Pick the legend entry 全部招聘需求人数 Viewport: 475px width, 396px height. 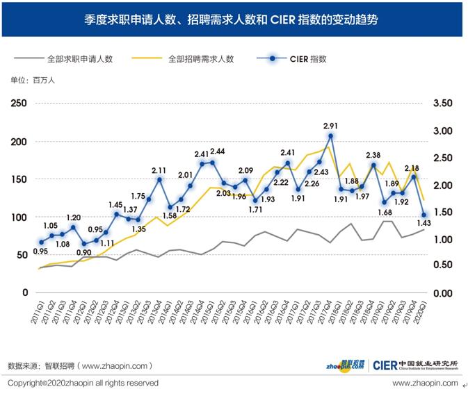pyautogui.click(x=201, y=60)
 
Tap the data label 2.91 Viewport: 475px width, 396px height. pyautogui.click(x=331, y=126)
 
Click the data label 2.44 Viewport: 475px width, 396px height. pyautogui.click(x=218, y=151)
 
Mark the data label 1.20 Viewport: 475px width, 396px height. pyautogui.click(x=73, y=217)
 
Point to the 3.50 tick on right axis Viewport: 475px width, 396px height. pyautogui.click(x=442, y=104)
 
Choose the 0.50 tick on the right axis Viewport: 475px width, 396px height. pyautogui.click(x=442, y=265)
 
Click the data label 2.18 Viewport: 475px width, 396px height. pyautogui.click(x=412, y=168)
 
